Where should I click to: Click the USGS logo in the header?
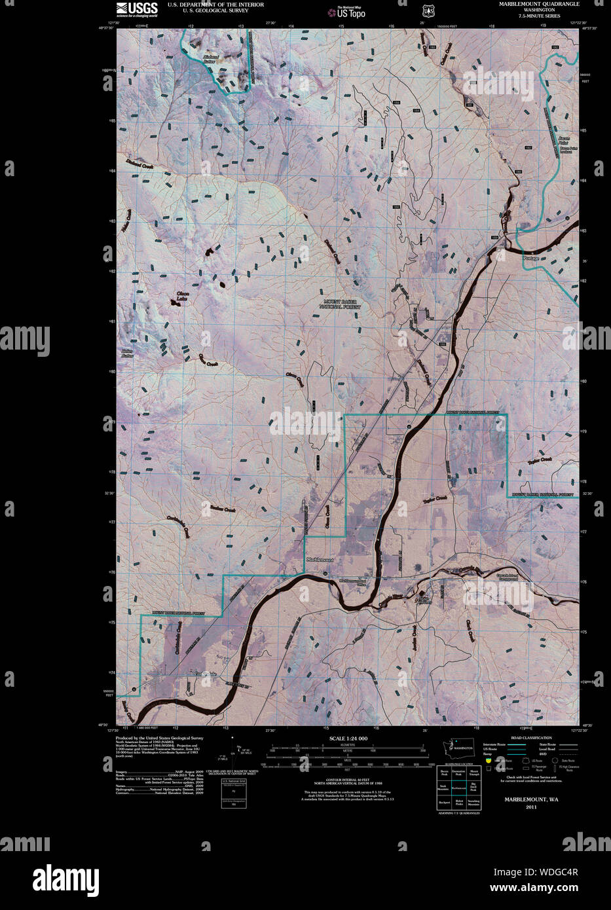[x=137, y=9]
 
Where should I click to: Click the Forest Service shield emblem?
[x=428, y=10]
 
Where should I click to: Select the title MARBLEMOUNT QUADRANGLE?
[x=539, y=4]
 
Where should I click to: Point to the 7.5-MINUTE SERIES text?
[x=539, y=16]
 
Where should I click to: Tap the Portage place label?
[x=531, y=259]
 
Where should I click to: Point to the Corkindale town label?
[x=205, y=674]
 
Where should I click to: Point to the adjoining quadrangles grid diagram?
[x=459, y=788]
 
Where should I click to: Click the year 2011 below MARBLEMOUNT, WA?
[x=530, y=807]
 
